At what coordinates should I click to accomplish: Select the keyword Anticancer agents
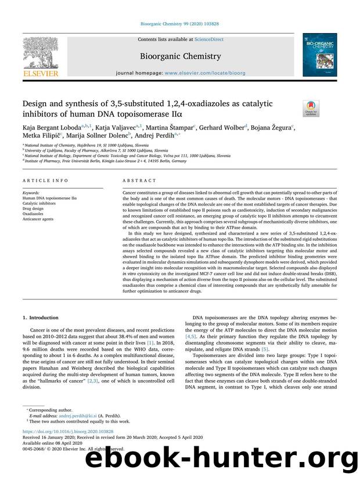pos(38,218)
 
